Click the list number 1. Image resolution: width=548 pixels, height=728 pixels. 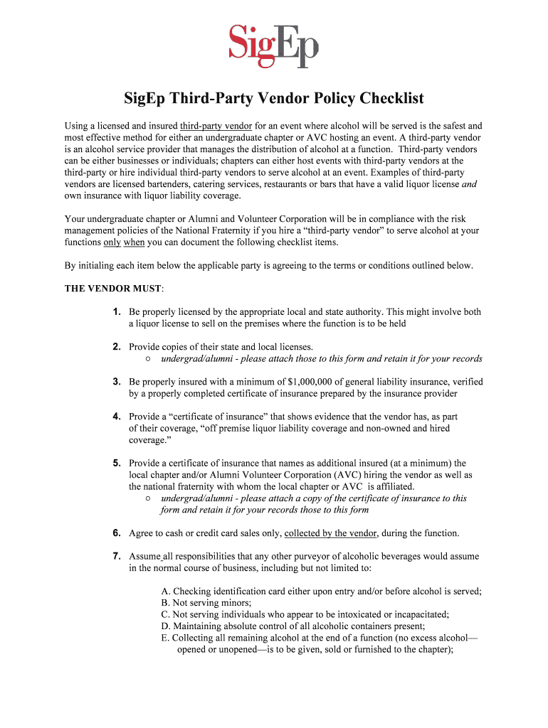click(x=116, y=311)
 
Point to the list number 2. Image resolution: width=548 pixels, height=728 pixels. click(x=116, y=346)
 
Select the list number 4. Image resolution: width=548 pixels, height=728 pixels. click(x=116, y=416)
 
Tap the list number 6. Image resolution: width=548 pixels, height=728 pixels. click(x=116, y=532)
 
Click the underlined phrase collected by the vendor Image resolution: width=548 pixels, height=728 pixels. click(x=330, y=532)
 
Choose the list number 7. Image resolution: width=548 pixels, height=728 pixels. click(x=116, y=556)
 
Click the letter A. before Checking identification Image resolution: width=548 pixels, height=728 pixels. click(x=166, y=591)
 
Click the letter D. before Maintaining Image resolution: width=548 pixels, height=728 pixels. click(x=166, y=626)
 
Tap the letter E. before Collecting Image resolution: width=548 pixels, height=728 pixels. click(x=166, y=638)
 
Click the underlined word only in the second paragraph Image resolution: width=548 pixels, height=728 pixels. click(x=112, y=242)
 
